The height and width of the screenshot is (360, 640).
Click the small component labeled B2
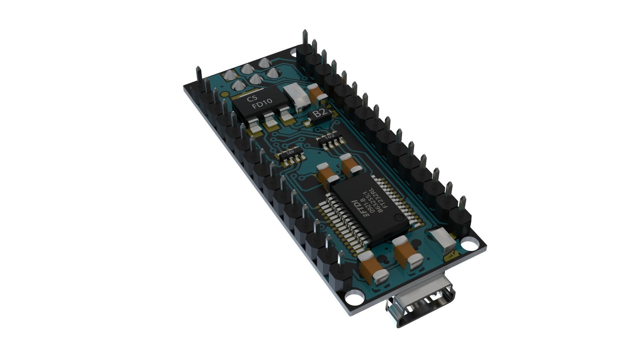point(320,113)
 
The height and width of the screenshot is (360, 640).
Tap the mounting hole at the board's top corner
point(293,52)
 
